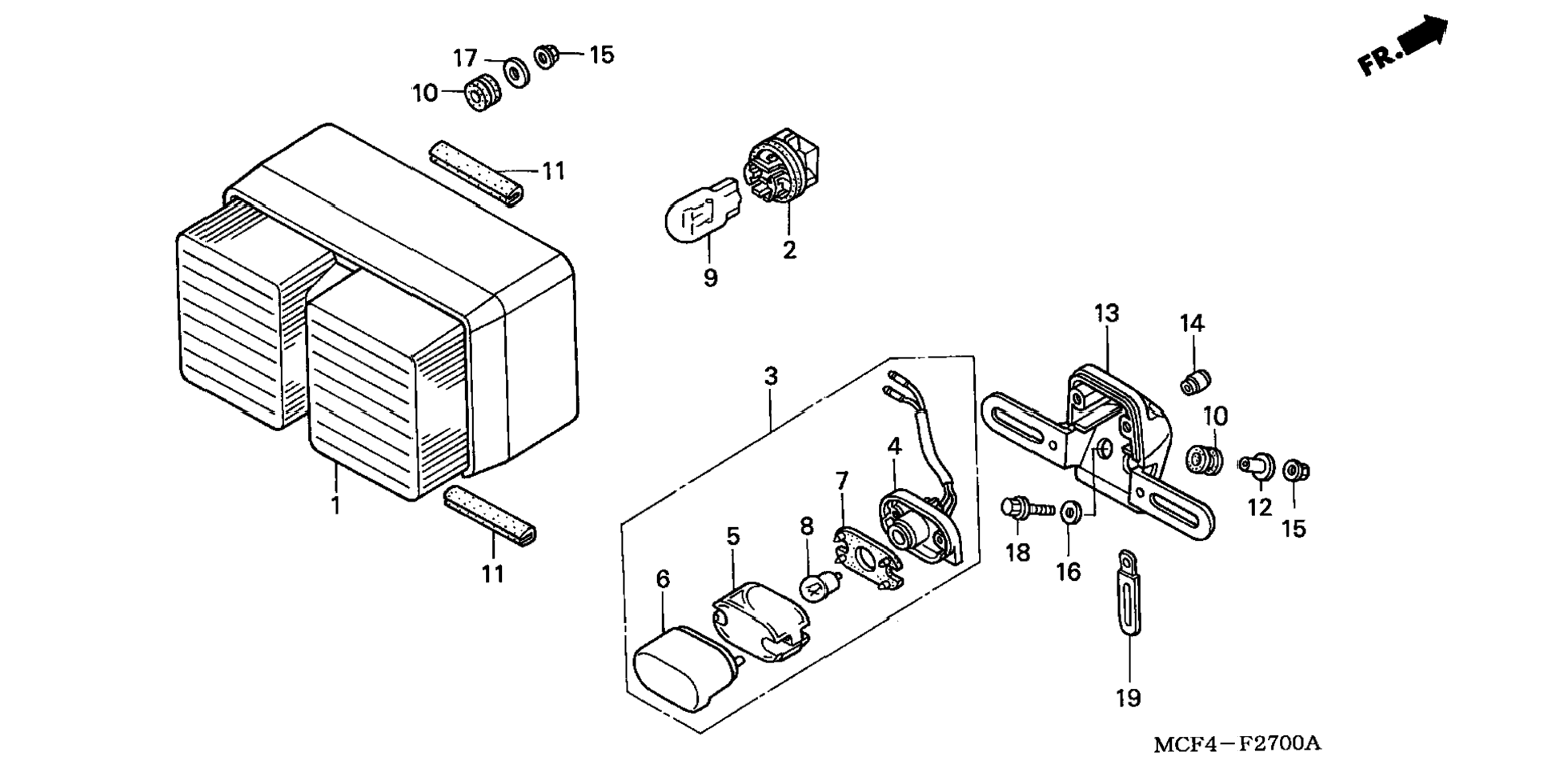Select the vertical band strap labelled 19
coord(1128,592)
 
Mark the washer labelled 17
coord(516,73)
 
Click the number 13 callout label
coord(1107,314)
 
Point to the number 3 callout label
coord(771,376)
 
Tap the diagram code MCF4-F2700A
coord(1237,745)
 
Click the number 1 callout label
coord(336,506)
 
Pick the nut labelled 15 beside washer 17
coord(547,56)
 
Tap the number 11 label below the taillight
coord(493,574)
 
